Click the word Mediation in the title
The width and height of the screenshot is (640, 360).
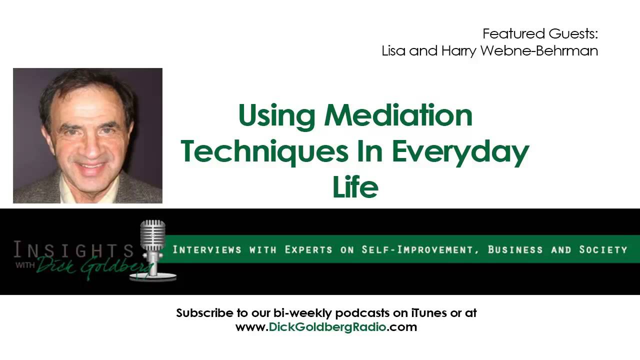coord(398,115)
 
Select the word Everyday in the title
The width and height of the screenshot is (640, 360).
coord(460,152)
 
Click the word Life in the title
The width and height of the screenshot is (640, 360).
coord(355,187)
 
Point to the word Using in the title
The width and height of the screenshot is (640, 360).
coord(277,116)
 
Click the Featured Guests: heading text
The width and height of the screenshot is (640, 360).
coord(540,34)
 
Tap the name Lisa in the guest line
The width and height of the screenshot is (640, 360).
coord(393,51)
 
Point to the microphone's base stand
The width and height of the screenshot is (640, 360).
coord(154,275)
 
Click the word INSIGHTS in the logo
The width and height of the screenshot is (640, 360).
coord(73,249)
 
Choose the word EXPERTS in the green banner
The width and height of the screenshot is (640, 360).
coord(308,249)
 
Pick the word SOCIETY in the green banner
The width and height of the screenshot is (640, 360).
coord(603,249)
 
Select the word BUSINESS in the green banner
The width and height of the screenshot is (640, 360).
coord(515,249)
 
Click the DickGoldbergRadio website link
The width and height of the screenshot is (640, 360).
coord(326,327)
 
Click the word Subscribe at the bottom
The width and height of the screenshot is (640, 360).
coord(204,313)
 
